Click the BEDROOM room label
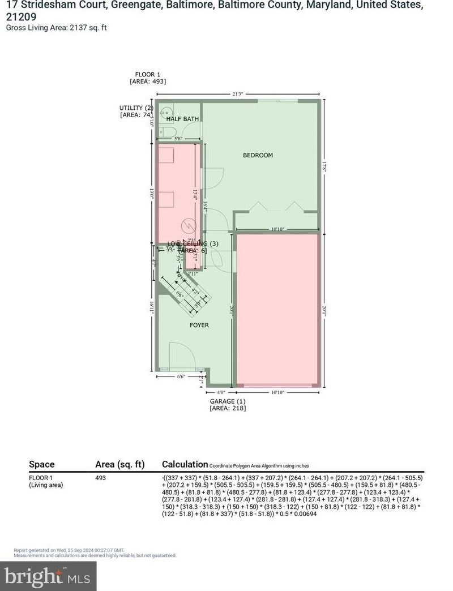click(x=258, y=155)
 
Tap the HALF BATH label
click(x=182, y=119)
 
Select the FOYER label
click(x=199, y=325)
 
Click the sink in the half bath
click(x=166, y=112)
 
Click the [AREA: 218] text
click(x=228, y=408)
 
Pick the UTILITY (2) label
click(x=136, y=108)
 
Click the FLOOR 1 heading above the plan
click(x=148, y=74)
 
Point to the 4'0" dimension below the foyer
click(x=221, y=392)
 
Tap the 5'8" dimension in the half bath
click(x=177, y=139)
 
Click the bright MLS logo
click(x=48, y=576)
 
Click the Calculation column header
click(x=185, y=464)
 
